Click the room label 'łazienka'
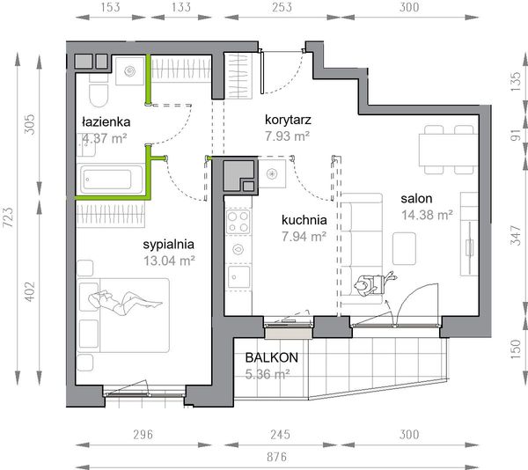click(106, 121)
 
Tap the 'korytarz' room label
click(288, 120)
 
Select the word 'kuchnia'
click(304, 220)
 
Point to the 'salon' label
click(416, 198)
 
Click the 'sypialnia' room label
click(169, 245)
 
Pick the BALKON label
click(272, 357)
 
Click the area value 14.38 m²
click(427, 215)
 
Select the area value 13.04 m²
click(169, 261)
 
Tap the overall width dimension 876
click(277, 457)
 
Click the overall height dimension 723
click(8, 217)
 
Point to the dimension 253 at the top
click(282, 7)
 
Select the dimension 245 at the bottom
click(280, 434)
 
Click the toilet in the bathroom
click(99, 92)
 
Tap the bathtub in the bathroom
click(111, 179)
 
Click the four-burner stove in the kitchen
click(238, 222)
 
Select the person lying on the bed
click(125, 301)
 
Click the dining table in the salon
click(448, 151)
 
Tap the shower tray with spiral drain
click(130, 71)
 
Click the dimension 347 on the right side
click(516, 235)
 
